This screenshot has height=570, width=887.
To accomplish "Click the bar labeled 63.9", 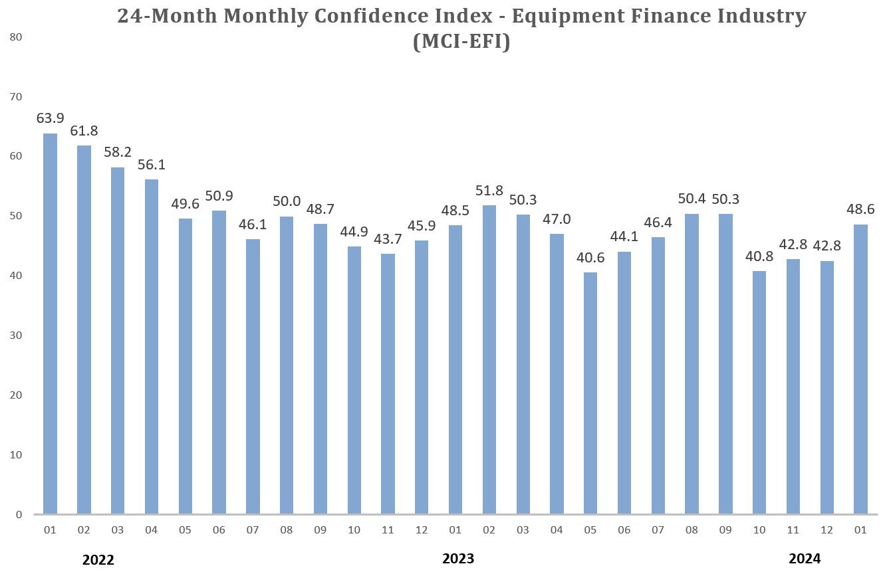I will [x=50, y=324].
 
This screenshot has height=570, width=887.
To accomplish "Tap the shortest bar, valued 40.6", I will [x=590, y=393].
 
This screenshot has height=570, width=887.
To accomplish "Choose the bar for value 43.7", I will [x=388, y=383].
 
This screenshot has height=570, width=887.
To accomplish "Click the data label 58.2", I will [x=118, y=152].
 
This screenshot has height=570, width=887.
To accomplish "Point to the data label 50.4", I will [x=692, y=199].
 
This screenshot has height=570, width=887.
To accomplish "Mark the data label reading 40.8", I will [x=759, y=256].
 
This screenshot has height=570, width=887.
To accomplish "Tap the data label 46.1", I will [x=253, y=224].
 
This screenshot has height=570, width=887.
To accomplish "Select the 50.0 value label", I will [x=287, y=201].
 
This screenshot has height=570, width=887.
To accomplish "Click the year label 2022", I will [x=98, y=559].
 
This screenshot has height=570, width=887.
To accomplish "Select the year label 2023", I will [x=458, y=559].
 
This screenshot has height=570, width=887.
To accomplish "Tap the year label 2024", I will [x=805, y=558].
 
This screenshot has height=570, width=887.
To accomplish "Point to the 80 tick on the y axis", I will [x=17, y=37].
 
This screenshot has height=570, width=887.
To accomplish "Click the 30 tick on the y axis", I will [x=17, y=335].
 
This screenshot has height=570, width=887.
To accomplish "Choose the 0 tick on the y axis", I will [x=20, y=515].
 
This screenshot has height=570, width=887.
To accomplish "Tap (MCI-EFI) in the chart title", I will [x=461, y=42].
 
